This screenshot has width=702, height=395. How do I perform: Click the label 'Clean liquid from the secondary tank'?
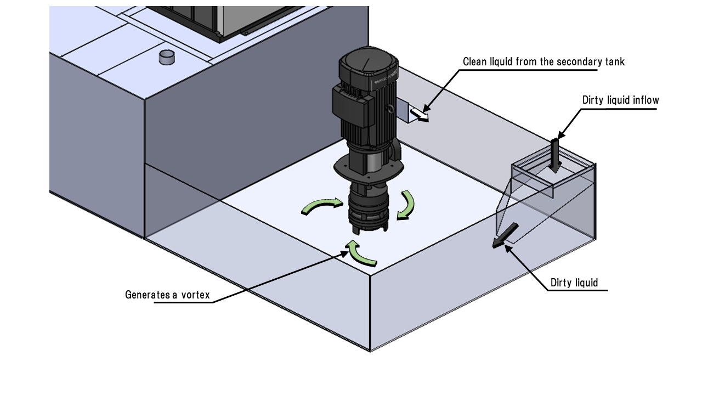point(544,61)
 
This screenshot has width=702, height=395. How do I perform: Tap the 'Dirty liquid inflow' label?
point(620,100)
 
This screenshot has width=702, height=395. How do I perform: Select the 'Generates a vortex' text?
point(167,295)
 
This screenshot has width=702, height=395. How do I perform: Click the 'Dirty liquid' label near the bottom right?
point(574,283)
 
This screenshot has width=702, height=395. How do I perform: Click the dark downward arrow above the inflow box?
point(554,155)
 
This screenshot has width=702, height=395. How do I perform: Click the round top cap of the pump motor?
point(369,64)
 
